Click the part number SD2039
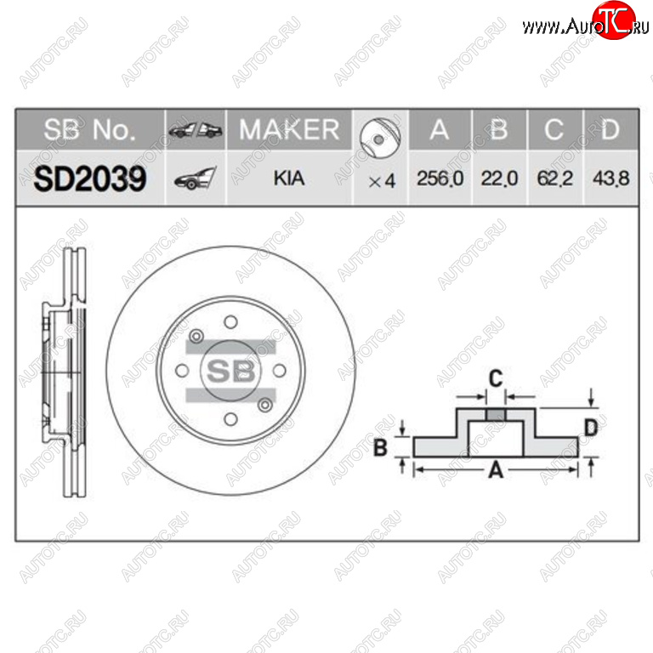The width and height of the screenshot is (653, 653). tap(90, 179)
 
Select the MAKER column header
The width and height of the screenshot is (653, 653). tap(289, 129)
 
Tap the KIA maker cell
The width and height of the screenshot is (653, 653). tap(289, 179)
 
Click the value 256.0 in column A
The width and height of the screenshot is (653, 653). tap(440, 179)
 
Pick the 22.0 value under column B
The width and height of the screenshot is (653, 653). tap(499, 179)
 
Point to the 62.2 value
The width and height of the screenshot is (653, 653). tap(554, 179)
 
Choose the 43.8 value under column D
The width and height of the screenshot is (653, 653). tap(610, 179)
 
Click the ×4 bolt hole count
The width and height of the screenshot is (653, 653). tap(382, 181)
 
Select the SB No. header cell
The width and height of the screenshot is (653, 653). tap(89, 129)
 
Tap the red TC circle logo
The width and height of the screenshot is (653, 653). tap(614, 20)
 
